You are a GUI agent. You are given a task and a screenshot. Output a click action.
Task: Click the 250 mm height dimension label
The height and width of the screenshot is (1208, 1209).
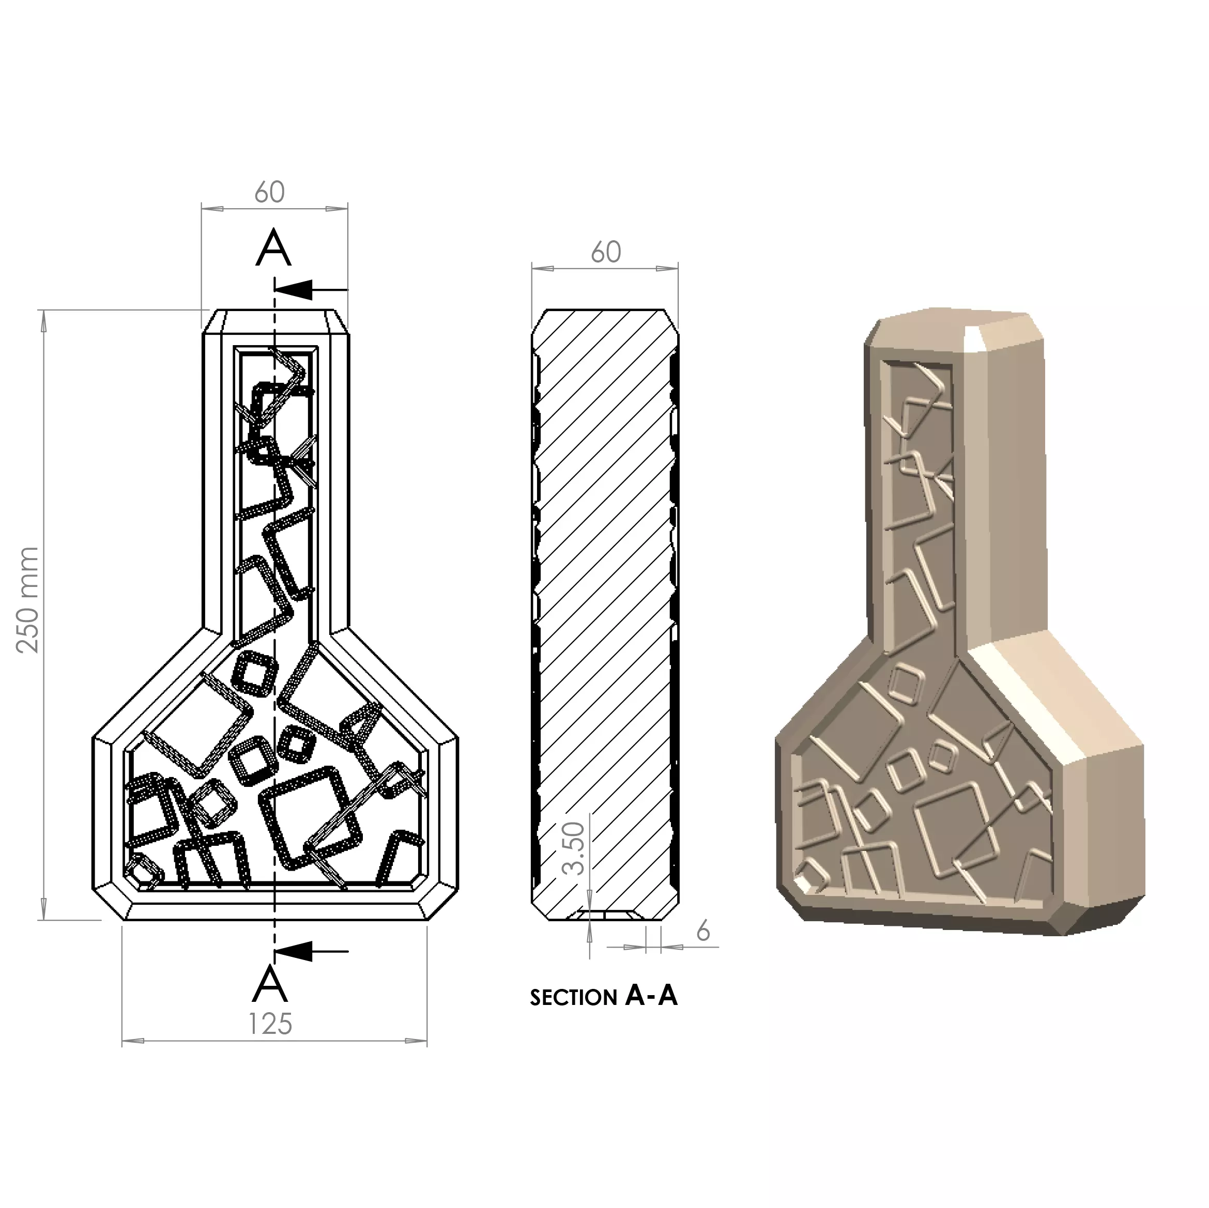click(28, 600)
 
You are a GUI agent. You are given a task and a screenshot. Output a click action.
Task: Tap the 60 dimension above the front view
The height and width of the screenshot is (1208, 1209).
click(270, 192)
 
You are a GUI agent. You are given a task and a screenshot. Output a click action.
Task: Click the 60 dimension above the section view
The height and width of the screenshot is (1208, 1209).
click(606, 252)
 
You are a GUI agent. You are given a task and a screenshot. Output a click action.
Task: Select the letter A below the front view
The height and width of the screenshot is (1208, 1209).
click(270, 984)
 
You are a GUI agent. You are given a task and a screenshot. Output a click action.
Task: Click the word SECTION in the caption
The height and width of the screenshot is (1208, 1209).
click(573, 997)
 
